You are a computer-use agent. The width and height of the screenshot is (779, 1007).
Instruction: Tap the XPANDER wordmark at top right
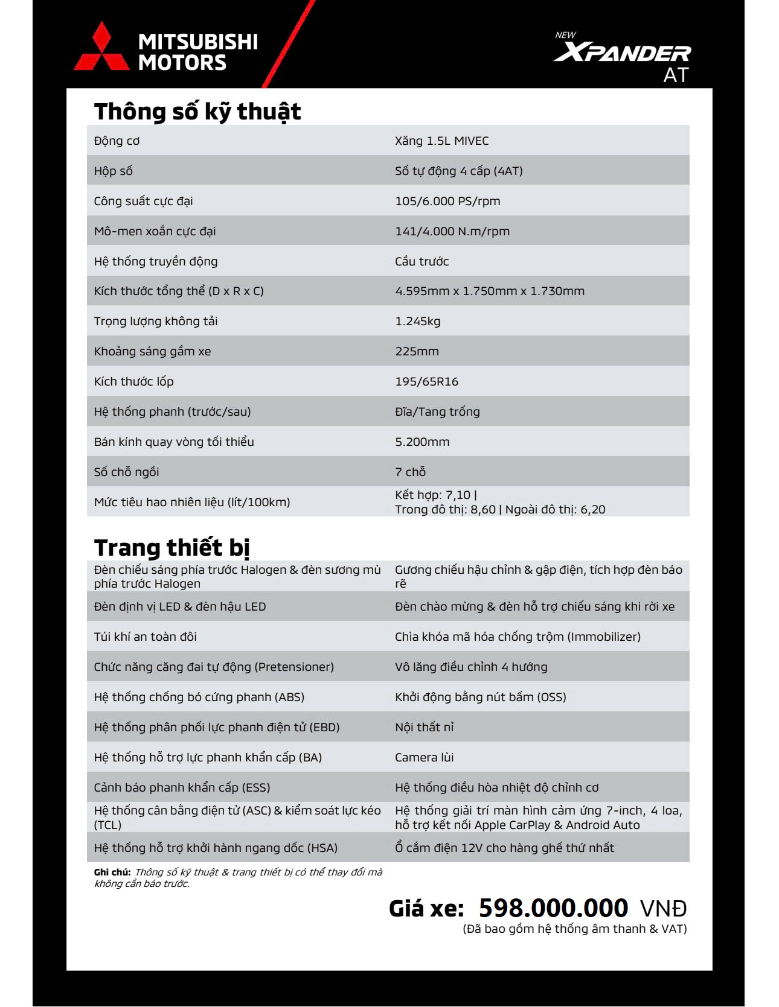(x=622, y=53)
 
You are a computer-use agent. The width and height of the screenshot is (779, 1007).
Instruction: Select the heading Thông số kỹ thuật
(x=197, y=112)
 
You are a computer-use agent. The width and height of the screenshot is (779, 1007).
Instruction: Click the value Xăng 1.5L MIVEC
(x=441, y=141)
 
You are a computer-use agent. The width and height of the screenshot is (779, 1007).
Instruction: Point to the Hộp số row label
(x=113, y=171)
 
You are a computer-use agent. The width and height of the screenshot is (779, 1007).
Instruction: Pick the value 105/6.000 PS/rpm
(x=447, y=201)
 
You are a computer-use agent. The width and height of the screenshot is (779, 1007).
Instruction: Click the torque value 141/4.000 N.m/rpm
(x=452, y=231)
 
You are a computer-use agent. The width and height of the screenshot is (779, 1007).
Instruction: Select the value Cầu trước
(x=422, y=261)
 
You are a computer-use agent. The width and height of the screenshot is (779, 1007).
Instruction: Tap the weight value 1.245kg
(x=417, y=321)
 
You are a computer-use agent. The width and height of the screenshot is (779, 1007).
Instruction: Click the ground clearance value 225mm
(x=417, y=351)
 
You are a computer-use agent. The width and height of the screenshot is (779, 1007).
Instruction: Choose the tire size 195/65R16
(x=426, y=381)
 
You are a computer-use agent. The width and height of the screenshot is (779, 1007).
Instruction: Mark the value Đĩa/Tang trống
(x=437, y=411)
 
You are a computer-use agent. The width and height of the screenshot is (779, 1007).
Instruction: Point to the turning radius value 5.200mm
(x=422, y=442)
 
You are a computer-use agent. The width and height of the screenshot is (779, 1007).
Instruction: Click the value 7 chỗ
(x=410, y=472)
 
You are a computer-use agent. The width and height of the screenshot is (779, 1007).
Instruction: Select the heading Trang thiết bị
(x=172, y=548)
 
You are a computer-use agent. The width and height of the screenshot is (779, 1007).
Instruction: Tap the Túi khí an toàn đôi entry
(x=145, y=637)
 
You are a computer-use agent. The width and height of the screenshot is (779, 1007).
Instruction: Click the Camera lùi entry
(x=424, y=757)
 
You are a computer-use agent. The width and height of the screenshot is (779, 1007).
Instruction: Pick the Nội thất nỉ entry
(x=424, y=727)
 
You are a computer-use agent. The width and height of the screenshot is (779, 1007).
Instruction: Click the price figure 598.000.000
(x=553, y=908)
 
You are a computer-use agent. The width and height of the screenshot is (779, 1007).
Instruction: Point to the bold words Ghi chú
(x=112, y=872)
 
